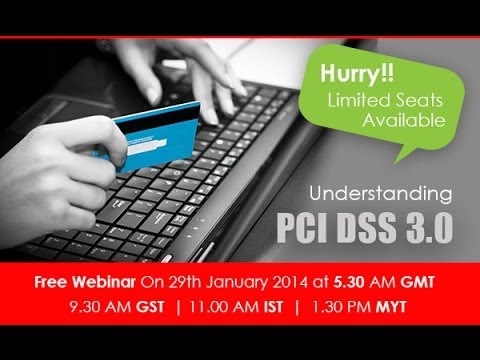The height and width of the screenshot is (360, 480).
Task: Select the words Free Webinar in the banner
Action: [86, 282]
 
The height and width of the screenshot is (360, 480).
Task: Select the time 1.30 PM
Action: [339, 307]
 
